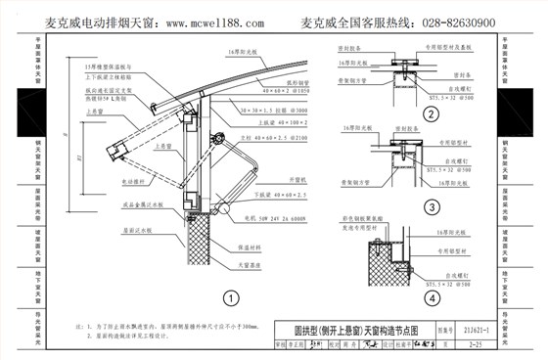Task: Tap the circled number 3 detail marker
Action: pos(430,206)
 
